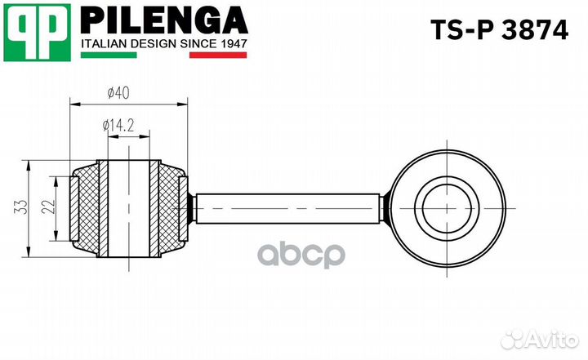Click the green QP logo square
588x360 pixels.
pos(34,32)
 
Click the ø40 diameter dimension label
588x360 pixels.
pos(118,92)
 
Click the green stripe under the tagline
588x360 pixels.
pos(110,56)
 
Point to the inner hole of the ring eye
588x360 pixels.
pos(444,208)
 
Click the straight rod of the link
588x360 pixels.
pos(286,208)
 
